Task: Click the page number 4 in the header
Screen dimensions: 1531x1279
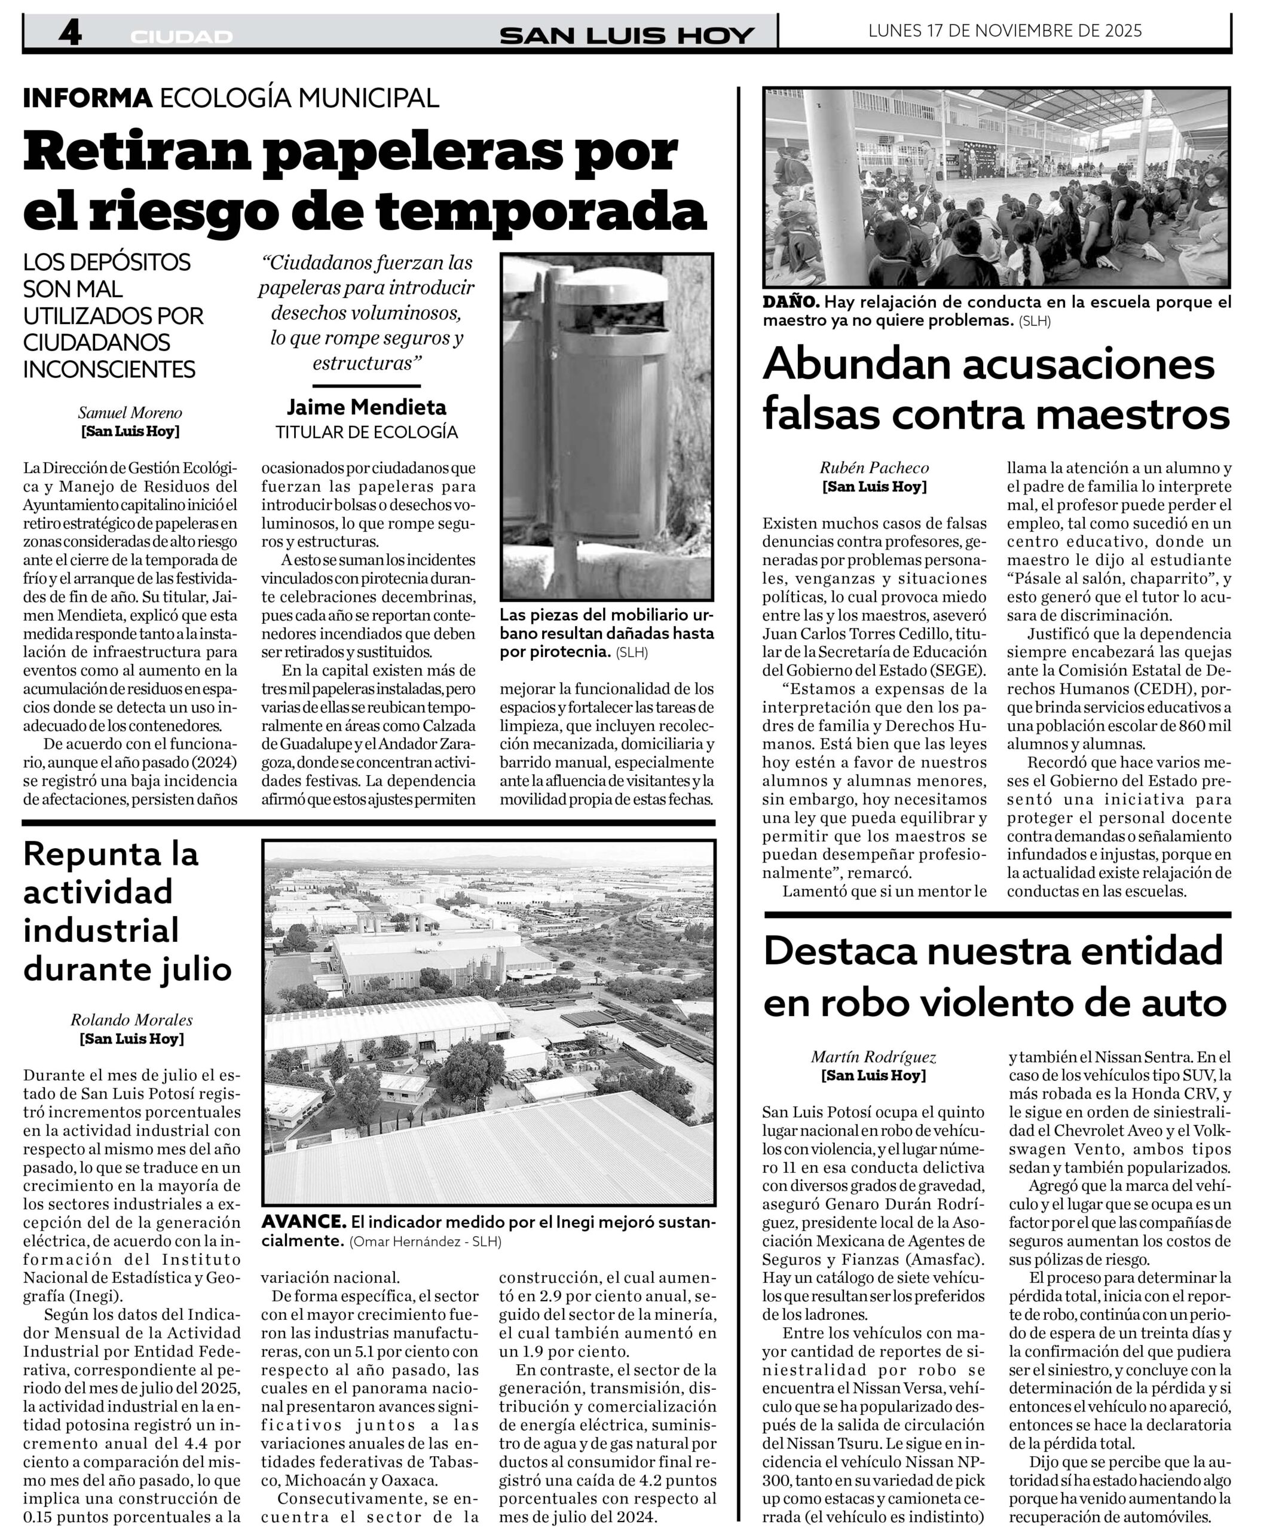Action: pyautogui.click(x=69, y=33)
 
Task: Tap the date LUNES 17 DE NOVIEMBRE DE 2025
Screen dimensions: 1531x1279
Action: pyautogui.click(x=1005, y=31)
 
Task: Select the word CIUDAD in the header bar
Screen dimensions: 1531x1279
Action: pyautogui.click(x=182, y=37)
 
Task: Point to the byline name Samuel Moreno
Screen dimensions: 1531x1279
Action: pyautogui.click(x=130, y=413)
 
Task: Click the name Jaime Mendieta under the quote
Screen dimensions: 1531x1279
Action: pyautogui.click(x=366, y=407)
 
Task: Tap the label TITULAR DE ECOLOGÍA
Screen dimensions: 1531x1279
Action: pyautogui.click(x=366, y=432)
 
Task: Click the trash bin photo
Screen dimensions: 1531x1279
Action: pyautogui.click(x=607, y=426)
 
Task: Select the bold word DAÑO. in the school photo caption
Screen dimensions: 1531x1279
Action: pyautogui.click(x=792, y=302)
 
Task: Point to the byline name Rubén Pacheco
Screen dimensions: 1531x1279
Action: pyautogui.click(x=874, y=468)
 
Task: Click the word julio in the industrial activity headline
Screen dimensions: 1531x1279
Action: pyautogui.click(x=194, y=969)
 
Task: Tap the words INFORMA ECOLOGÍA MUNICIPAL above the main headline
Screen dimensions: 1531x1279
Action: pyautogui.click(x=231, y=97)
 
